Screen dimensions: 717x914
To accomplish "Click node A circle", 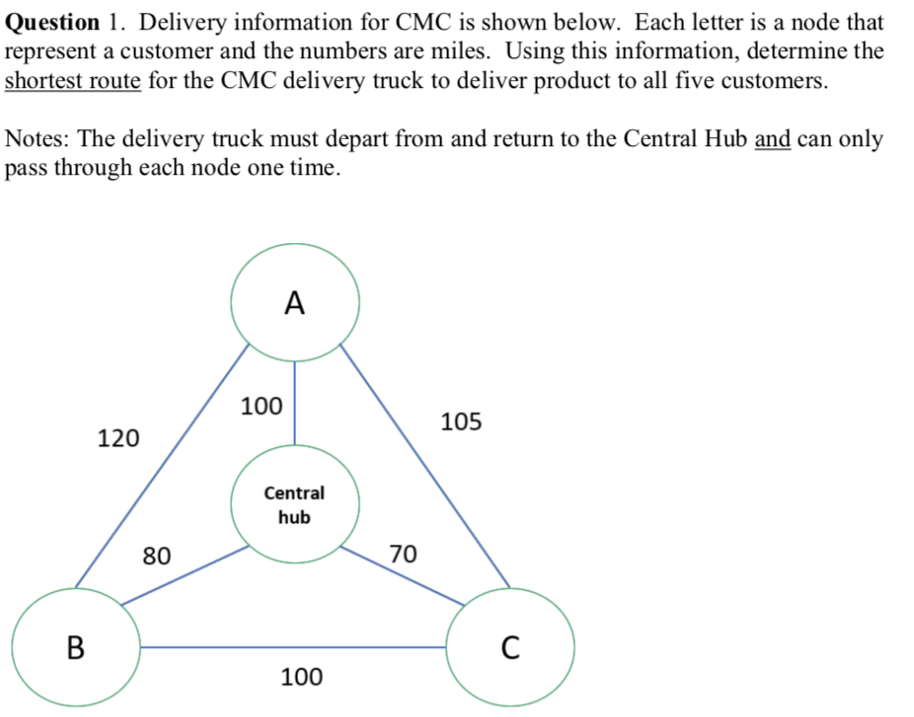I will click(x=294, y=303).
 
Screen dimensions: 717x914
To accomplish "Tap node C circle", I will click(x=509, y=648).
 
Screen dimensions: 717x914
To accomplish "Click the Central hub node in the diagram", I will click(x=294, y=505).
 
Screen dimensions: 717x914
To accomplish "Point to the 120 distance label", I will click(x=118, y=438).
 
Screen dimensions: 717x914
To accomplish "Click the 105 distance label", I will click(x=461, y=423).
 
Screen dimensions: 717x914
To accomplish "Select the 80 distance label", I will click(x=156, y=555).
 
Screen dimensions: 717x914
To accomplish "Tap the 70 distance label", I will click(x=403, y=553).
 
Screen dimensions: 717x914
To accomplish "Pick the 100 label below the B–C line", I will click(x=301, y=677).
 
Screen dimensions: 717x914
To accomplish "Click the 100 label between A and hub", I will click(x=262, y=406).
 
